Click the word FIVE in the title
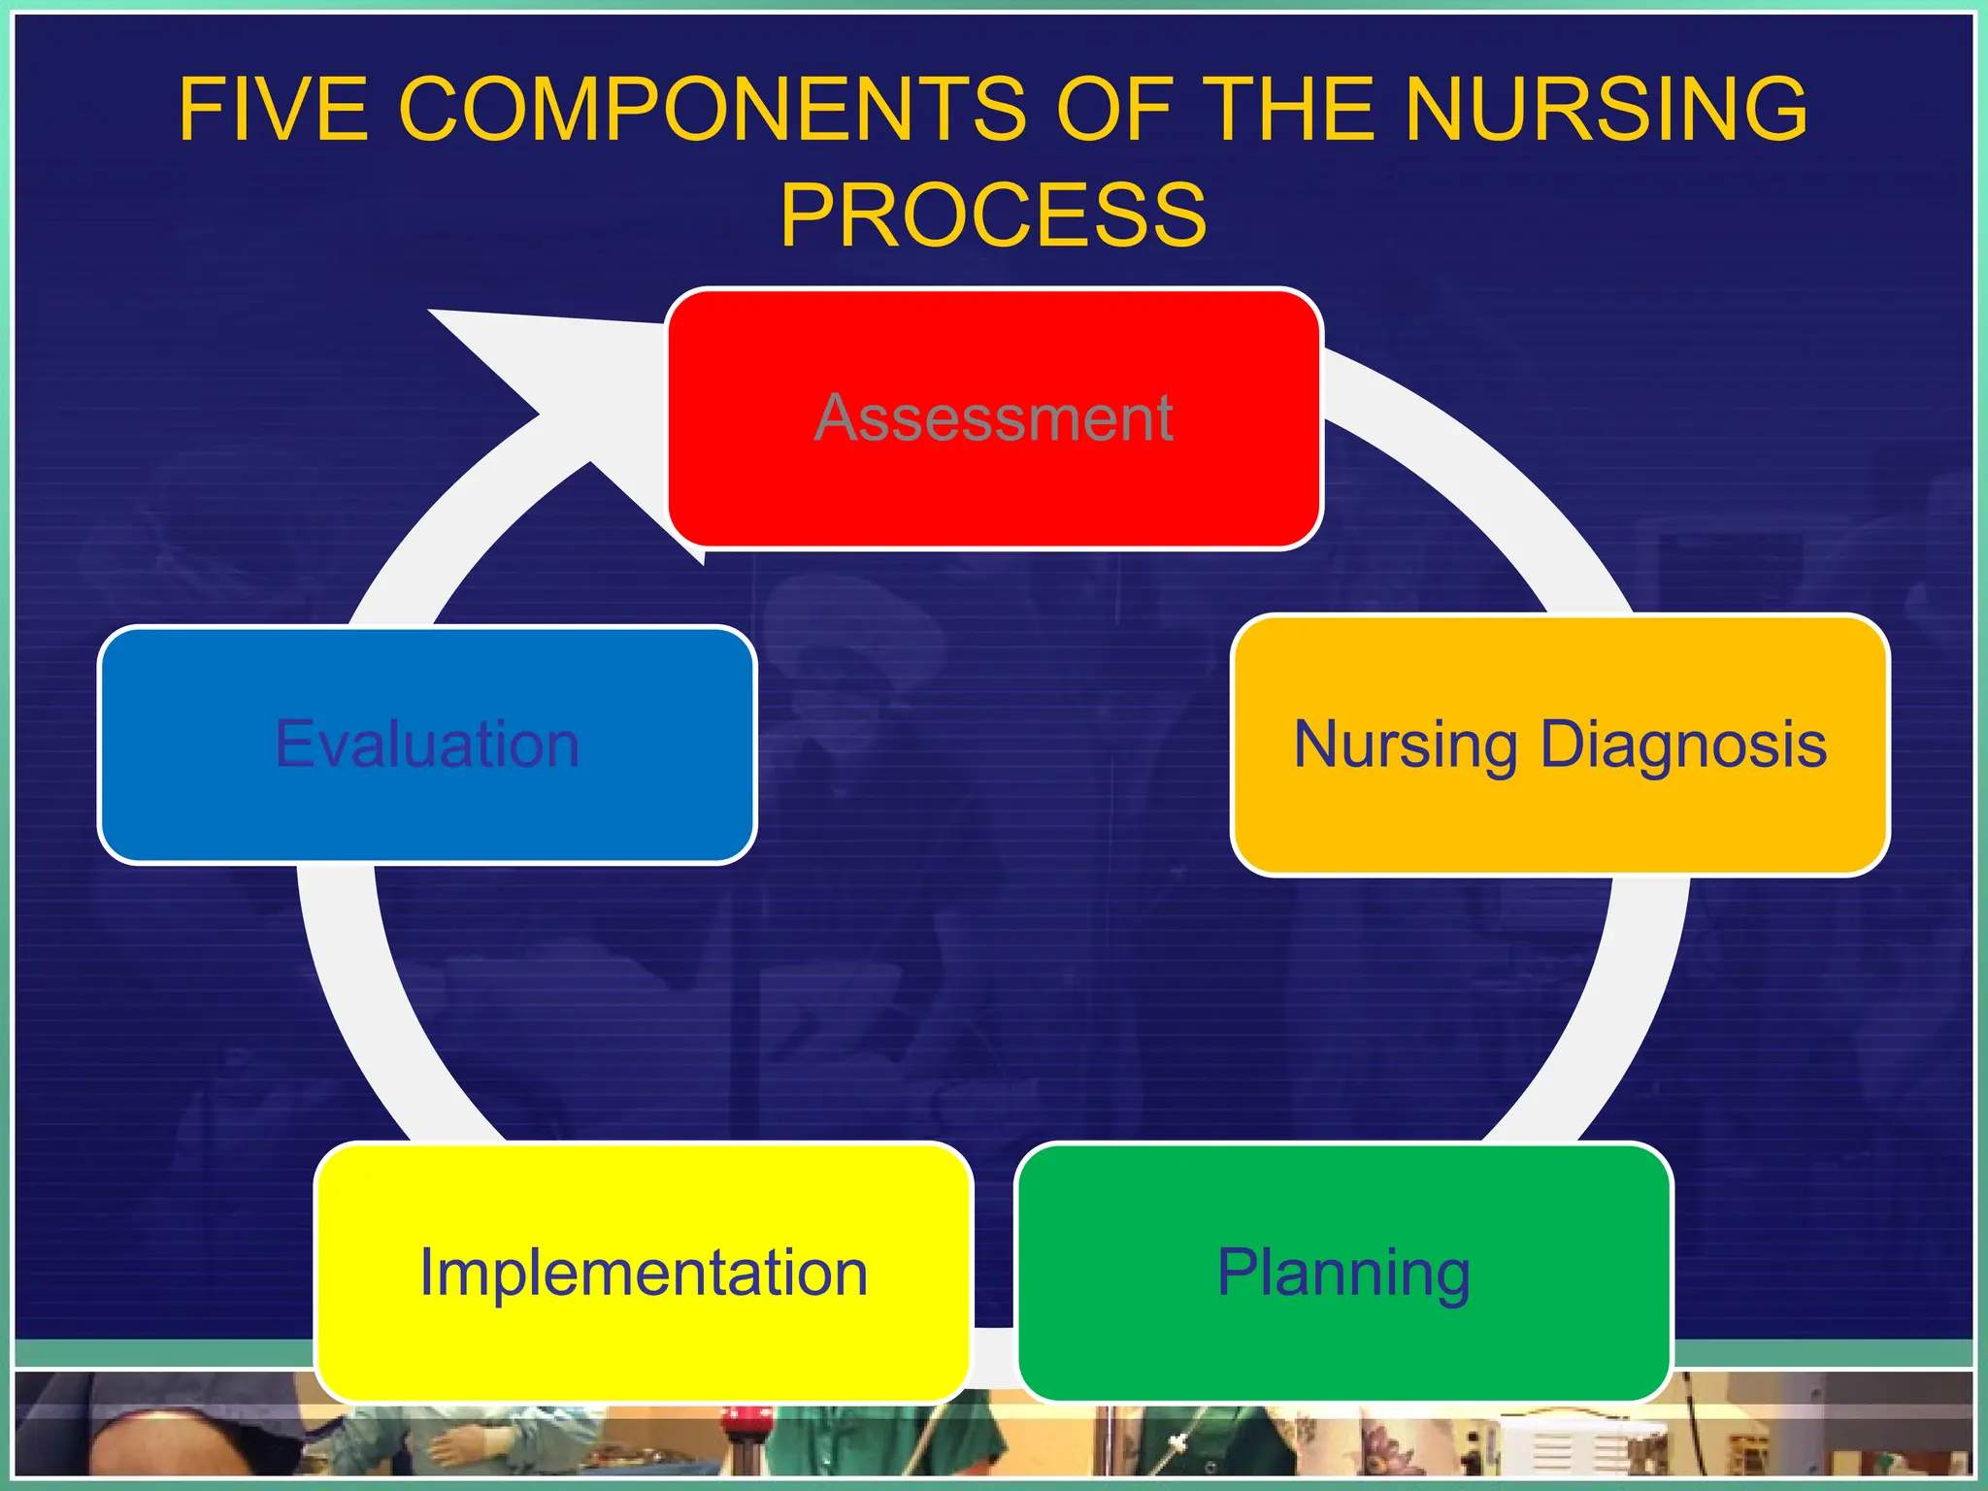click(x=273, y=109)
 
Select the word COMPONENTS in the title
click(x=712, y=109)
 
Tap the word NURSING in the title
click(x=1607, y=109)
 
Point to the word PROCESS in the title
click(x=993, y=215)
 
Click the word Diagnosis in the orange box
click(x=1683, y=745)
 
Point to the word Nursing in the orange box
click(x=1405, y=745)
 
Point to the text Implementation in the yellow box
click(x=643, y=1273)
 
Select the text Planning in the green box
click(x=1343, y=1273)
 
